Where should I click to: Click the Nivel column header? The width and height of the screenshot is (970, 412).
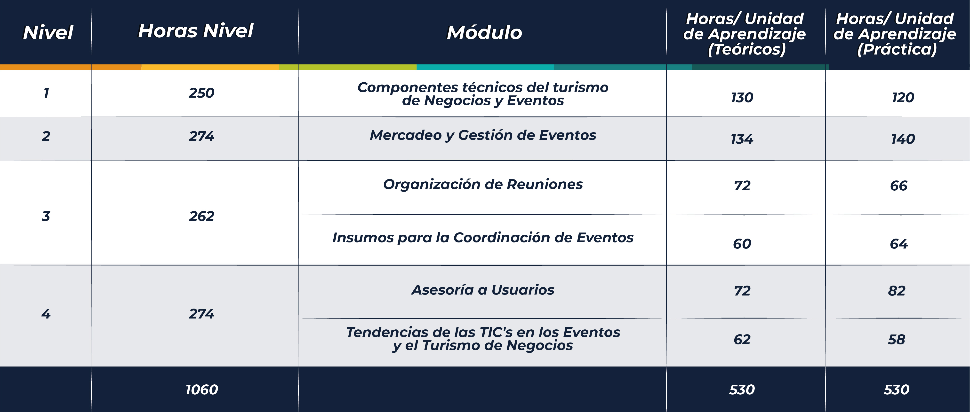click(48, 32)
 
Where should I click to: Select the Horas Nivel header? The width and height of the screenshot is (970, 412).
click(196, 31)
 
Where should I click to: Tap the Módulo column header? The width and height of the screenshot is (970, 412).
click(484, 32)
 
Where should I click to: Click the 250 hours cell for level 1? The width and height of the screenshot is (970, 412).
click(201, 93)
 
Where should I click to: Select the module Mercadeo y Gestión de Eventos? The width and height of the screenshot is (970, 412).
click(483, 135)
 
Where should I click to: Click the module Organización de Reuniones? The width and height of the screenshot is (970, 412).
click(483, 184)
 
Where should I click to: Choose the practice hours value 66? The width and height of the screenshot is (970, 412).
click(899, 186)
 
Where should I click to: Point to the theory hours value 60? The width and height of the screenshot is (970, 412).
click(742, 244)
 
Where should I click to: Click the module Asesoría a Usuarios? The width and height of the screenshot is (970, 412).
click(483, 290)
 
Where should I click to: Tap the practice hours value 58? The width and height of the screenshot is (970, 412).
click(897, 340)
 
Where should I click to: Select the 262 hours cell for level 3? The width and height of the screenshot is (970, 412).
click(201, 216)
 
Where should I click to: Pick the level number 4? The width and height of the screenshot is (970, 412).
click(46, 314)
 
